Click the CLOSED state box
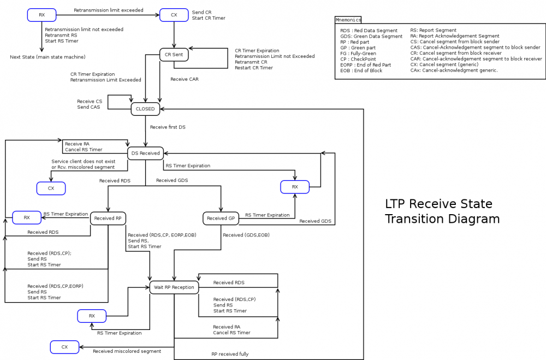pos(145,109)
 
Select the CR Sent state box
pos(174,54)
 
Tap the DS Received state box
pos(145,154)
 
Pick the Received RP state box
pos(108,219)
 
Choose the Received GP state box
pos(221,219)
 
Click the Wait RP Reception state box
pos(174,287)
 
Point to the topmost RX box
pos(42,15)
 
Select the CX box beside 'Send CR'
pos(174,15)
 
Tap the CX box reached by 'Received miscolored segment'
pos(64,347)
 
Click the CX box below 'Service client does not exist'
pos(51,188)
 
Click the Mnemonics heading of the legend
pos(348,20)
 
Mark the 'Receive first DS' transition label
pos(167,127)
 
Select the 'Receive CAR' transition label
pos(185,79)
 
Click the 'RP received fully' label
pos(230,354)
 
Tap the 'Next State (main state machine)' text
pos(48,57)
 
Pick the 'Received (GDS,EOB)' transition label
pos(246,235)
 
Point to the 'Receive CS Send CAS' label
pos(90,104)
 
